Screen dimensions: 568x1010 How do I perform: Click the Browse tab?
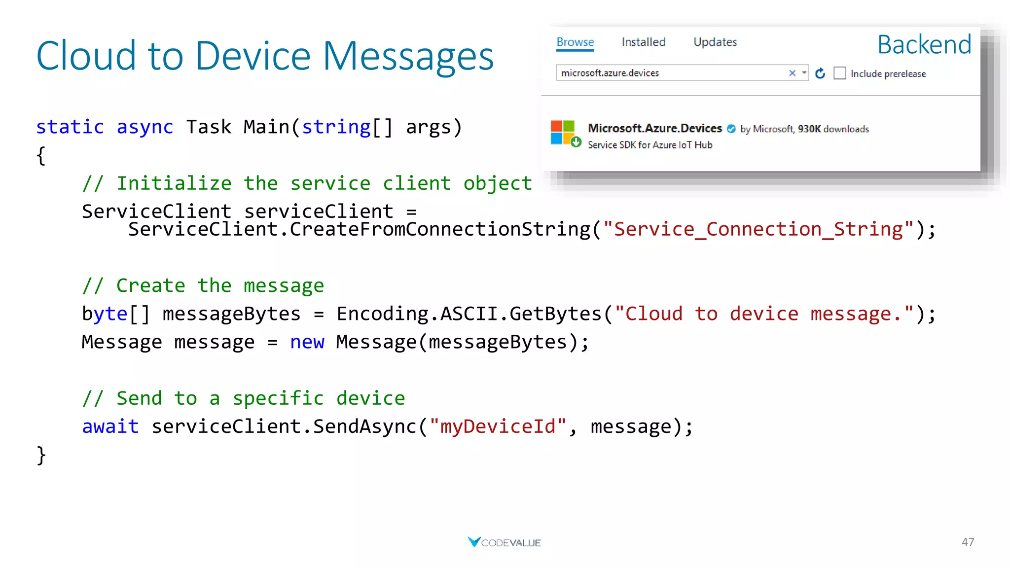(575, 42)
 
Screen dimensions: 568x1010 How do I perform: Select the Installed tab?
(644, 42)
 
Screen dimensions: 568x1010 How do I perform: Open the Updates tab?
(715, 42)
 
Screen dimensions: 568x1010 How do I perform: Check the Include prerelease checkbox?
(840, 73)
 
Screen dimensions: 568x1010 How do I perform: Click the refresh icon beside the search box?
(820, 73)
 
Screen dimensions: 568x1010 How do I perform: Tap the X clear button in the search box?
(792, 73)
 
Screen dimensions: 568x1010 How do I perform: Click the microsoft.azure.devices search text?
(610, 73)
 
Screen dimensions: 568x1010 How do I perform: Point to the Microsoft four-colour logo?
(563, 132)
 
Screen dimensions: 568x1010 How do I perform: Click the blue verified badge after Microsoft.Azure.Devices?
(731, 129)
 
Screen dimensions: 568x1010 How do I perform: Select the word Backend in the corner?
(924, 45)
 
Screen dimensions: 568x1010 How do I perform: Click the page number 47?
(968, 542)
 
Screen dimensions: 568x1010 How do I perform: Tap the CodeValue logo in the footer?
(504, 542)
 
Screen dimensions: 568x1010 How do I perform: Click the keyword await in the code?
(110, 426)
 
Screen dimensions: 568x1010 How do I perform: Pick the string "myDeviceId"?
(498, 426)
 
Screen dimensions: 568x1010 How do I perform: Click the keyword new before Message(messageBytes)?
(307, 342)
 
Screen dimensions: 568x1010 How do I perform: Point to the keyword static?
(70, 127)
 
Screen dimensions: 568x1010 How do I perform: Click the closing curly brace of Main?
(41, 455)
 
